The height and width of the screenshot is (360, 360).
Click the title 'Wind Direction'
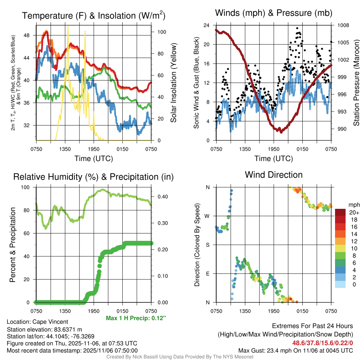click(x=274, y=175)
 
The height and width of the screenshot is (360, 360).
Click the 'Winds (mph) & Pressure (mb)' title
click(x=274, y=13)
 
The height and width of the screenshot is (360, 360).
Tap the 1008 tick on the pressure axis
click(x=343, y=25)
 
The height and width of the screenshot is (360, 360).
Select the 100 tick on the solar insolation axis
click(x=162, y=32)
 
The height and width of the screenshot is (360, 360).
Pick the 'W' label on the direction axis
click(x=207, y=216)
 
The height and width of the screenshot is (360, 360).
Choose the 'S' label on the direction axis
click(x=208, y=245)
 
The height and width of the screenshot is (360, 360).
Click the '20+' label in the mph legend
click(x=354, y=213)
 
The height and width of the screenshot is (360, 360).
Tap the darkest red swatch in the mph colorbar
click(x=340, y=212)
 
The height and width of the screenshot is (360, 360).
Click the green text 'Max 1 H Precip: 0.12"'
click(x=136, y=318)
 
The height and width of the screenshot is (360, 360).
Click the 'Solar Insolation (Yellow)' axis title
click(x=173, y=83)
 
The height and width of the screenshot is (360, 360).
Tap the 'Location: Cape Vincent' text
click(x=37, y=322)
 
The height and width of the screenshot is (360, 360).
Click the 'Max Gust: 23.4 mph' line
click(x=295, y=351)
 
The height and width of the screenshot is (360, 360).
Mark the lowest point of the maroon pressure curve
click(x=281, y=132)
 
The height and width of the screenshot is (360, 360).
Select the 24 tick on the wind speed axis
click(x=207, y=25)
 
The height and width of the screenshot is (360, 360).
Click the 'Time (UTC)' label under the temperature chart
click(x=94, y=159)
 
